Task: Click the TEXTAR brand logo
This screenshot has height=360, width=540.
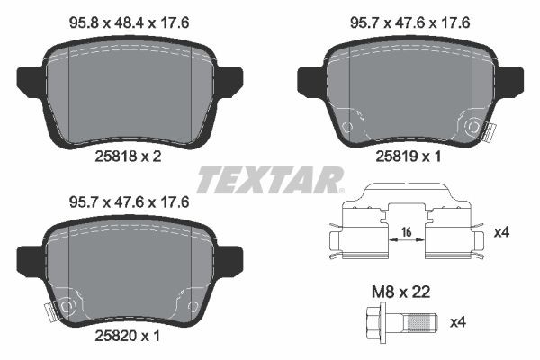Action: point(269,179)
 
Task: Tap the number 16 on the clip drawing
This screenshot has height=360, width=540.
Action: point(407,231)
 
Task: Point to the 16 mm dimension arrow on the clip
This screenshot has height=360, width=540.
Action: point(407,242)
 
